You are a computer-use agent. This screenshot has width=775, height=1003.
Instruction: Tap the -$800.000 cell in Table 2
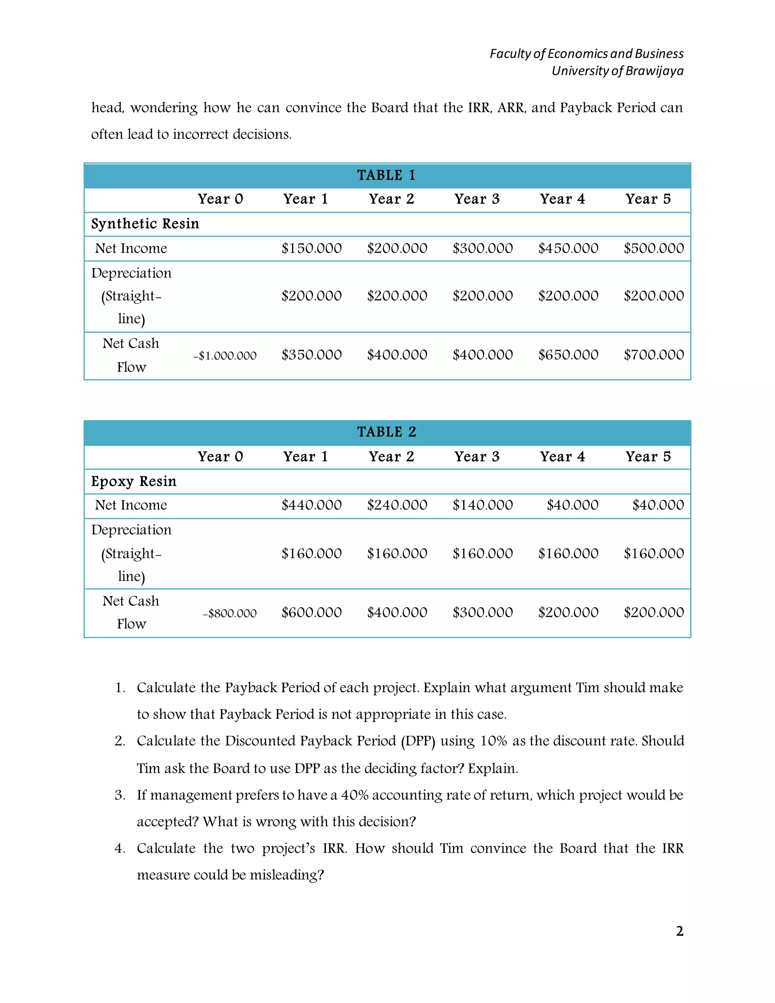click(x=230, y=613)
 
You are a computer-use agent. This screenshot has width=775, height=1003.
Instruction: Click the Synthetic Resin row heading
click(x=145, y=224)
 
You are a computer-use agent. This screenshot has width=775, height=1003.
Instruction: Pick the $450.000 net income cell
click(x=568, y=248)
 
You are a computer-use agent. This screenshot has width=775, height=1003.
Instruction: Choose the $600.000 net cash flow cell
click(x=311, y=612)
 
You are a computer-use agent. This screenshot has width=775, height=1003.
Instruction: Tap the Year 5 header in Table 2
click(x=648, y=456)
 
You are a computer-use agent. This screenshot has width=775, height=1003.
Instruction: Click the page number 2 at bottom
click(x=680, y=931)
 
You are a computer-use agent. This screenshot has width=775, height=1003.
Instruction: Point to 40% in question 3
click(x=355, y=795)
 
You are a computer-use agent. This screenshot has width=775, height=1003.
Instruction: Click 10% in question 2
click(x=493, y=741)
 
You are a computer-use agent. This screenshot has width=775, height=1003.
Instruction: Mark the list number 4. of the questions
click(x=120, y=848)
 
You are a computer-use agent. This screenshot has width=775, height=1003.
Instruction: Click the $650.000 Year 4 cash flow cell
click(x=568, y=355)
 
